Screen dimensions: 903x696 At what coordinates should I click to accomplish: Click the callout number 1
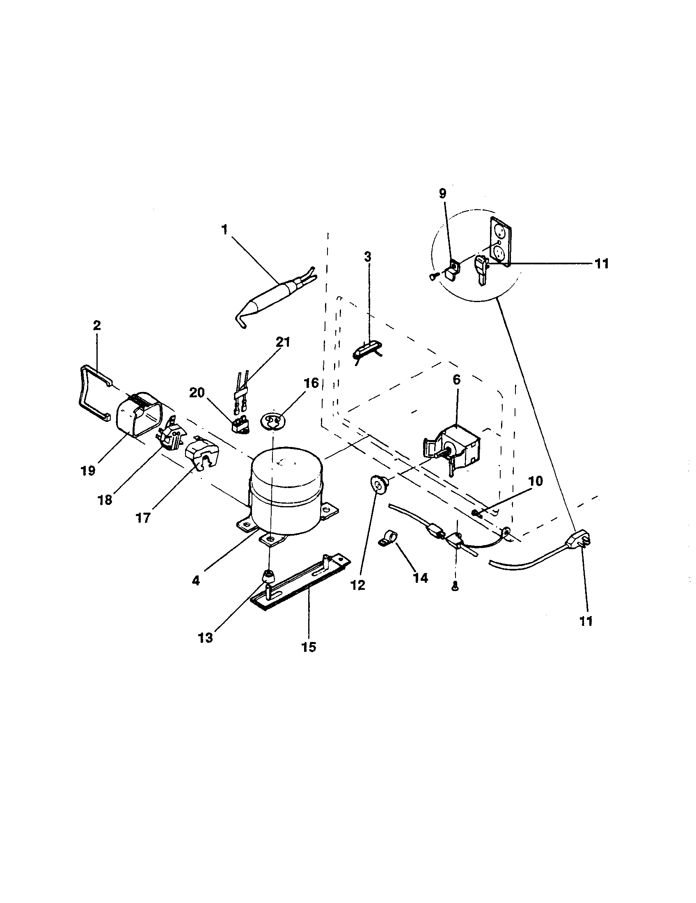click(x=224, y=230)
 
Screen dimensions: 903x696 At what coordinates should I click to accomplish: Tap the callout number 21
click(x=283, y=342)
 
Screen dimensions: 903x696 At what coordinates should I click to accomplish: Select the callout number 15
click(x=308, y=646)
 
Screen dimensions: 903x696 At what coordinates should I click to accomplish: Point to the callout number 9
click(x=443, y=193)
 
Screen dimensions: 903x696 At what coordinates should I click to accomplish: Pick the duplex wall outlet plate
click(x=501, y=241)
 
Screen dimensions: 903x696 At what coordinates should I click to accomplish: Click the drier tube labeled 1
click(x=269, y=294)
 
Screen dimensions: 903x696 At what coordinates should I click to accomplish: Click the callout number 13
click(x=205, y=638)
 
